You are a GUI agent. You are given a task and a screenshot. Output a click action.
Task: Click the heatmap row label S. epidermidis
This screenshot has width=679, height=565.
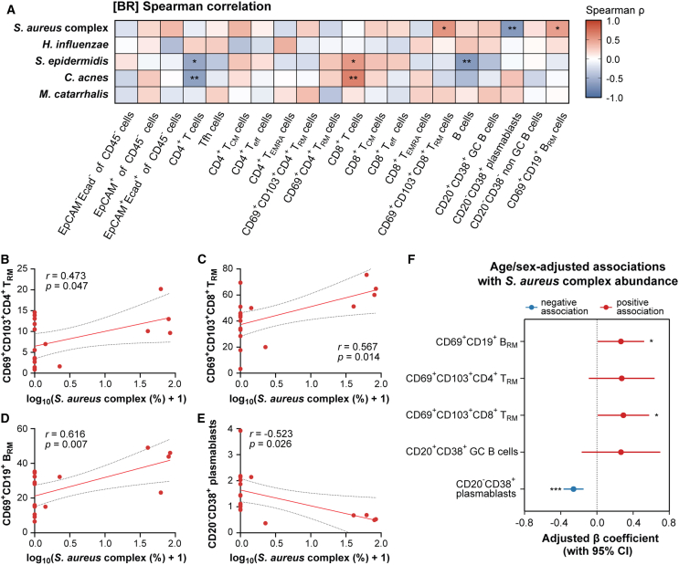pyautogui.click(x=72, y=61)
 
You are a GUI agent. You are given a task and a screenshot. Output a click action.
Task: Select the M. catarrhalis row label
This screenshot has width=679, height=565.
pyautogui.click(x=74, y=94)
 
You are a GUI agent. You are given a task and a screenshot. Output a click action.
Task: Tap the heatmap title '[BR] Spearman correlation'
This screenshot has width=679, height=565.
pyautogui.click(x=192, y=6)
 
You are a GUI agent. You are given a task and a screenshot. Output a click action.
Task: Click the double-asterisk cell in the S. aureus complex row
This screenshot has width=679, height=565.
pyautogui.click(x=512, y=28)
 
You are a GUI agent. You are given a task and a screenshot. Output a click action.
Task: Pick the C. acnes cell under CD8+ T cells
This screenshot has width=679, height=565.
pyautogui.click(x=354, y=78)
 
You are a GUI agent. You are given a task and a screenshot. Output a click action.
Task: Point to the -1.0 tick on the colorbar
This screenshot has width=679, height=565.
pyautogui.click(x=613, y=99)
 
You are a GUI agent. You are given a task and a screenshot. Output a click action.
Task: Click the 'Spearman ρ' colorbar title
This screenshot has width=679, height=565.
pyautogui.click(x=615, y=10)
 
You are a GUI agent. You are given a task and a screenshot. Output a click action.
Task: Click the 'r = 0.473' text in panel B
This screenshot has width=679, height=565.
pyautogui.click(x=66, y=276)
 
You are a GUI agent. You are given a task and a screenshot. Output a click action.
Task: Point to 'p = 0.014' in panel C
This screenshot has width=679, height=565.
pyautogui.click(x=358, y=357)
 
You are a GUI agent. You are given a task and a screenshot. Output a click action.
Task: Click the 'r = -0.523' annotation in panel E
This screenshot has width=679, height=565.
pyautogui.click(x=271, y=434)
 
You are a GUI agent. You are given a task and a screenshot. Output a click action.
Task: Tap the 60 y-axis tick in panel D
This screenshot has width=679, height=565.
pyautogui.click(x=22, y=429)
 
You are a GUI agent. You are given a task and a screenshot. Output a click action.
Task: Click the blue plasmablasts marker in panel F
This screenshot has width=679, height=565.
pyautogui.click(x=574, y=489)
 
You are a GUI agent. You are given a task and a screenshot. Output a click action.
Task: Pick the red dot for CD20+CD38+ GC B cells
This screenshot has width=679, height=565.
pyautogui.click(x=621, y=452)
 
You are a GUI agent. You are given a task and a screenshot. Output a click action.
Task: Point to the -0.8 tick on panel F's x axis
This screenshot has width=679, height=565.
pyautogui.click(x=524, y=523)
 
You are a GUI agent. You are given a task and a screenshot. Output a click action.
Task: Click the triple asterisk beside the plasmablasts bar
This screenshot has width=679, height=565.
pyautogui.click(x=556, y=490)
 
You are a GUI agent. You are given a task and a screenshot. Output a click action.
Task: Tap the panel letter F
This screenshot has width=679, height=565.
pyautogui.click(x=412, y=259)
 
